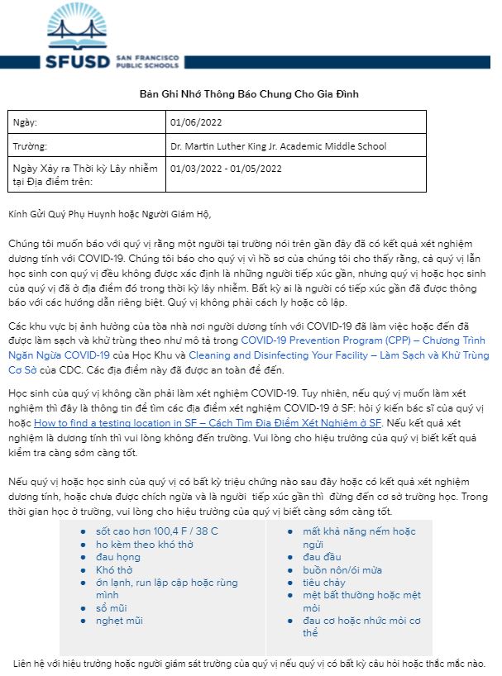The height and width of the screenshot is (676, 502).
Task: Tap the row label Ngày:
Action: (x=26, y=123)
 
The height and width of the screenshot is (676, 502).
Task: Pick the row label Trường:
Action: (x=31, y=146)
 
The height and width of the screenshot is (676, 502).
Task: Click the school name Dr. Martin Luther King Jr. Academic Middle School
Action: (x=278, y=146)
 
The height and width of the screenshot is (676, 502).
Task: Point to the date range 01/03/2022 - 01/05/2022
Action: (x=226, y=169)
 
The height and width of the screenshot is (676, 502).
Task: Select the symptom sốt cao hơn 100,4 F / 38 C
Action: (x=156, y=531)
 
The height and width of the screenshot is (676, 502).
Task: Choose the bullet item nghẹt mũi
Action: (x=119, y=621)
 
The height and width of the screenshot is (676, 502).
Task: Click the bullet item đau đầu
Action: (x=322, y=557)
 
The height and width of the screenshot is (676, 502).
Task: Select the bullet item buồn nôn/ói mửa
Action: (x=342, y=570)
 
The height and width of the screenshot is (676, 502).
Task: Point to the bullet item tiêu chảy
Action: (x=324, y=583)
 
